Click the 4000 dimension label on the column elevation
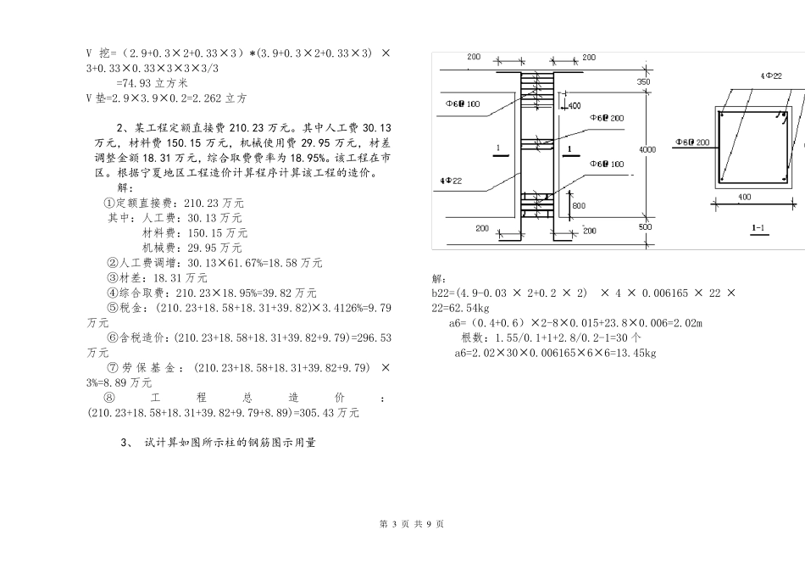[x=647, y=149]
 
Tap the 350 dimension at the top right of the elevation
[x=644, y=82]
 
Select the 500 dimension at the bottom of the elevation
[x=645, y=227]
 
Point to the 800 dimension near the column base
[x=578, y=206]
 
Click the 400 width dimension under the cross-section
[x=744, y=197]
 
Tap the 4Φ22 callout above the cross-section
[x=771, y=76]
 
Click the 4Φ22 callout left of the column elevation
[x=451, y=181]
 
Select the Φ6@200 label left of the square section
[x=692, y=142]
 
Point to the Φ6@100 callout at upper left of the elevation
[x=463, y=103]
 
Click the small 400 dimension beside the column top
[x=575, y=106]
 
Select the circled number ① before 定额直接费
[x=108, y=204]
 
